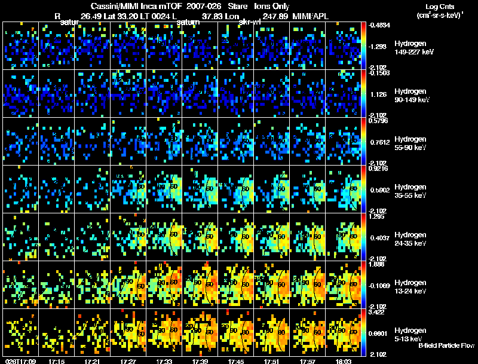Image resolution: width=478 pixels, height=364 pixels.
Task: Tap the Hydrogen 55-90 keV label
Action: coord(409,143)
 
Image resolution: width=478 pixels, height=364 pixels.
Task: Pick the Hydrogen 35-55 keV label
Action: coord(409,191)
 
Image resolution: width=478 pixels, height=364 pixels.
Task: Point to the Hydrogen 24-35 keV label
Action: coord(409,238)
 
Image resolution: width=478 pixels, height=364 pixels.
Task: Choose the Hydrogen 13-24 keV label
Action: coord(409,286)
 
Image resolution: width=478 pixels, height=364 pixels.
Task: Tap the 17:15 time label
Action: coord(57,361)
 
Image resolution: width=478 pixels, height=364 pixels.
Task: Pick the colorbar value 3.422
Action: coord(379,312)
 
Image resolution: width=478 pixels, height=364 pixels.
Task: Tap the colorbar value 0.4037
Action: coord(380,238)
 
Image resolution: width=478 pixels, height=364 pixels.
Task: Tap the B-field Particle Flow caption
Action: coord(446,345)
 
